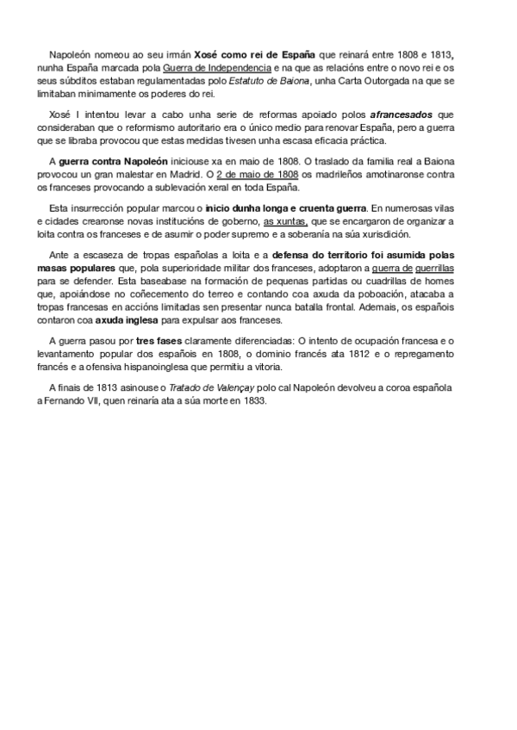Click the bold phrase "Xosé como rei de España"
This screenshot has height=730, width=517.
point(250,53)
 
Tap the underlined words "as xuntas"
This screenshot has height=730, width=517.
point(285,221)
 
